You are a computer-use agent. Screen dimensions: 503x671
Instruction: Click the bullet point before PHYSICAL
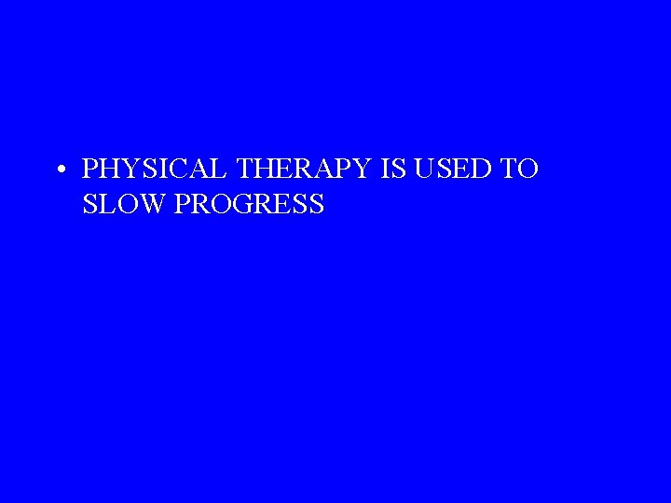click(60, 170)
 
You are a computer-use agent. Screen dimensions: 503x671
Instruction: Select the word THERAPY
click(304, 170)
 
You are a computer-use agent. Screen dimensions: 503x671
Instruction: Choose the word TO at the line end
click(520, 170)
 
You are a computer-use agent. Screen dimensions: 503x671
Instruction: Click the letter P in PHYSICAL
click(90, 170)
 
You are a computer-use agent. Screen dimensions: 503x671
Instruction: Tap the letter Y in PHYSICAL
click(128, 170)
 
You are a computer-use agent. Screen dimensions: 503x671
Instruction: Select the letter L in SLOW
click(104, 204)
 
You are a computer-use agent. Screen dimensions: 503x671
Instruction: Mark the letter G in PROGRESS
click(245, 204)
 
